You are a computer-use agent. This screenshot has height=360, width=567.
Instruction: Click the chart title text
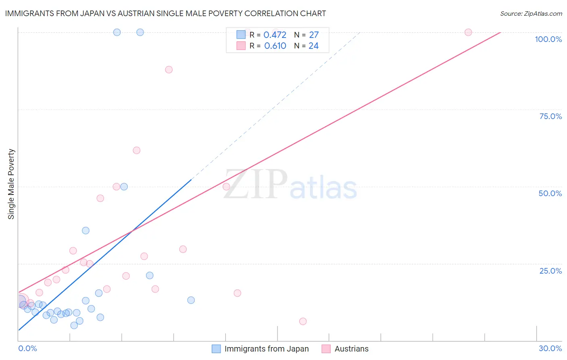pyautogui.click(x=165, y=13)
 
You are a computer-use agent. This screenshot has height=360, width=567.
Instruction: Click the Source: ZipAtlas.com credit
pyautogui.click(x=531, y=14)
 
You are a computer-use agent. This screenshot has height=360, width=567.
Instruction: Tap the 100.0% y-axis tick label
pyautogui.click(x=548, y=39)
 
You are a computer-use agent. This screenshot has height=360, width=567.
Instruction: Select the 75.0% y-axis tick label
pyautogui.click(x=550, y=116)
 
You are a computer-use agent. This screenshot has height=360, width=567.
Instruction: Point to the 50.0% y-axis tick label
pyautogui.click(x=550, y=193)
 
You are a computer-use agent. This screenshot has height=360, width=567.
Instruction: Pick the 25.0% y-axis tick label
pyautogui.click(x=550, y=271)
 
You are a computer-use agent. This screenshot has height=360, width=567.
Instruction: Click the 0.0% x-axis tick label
pyautogui.click(x=28, y=348)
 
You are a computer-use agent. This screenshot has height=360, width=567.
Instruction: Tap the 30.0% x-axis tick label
pyautogui.click(x=550, y=348)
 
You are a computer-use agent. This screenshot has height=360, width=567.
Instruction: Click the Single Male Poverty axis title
pyautogui.click(x=11, y=184)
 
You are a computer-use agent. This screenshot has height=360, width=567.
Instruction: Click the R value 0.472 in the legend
pyautogui.click(x=275, y=35)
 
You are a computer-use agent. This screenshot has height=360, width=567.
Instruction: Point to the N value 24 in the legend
pyautogui.click(x=313, y=46)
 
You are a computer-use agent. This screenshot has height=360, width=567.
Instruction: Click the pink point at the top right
pyautogui.click(x=468, y=32)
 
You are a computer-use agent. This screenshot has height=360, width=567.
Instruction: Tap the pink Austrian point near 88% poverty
pyautogui.click(x=169, y=70)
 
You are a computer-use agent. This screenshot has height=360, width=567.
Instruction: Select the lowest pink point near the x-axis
pyautogui.click(x=303, y=321)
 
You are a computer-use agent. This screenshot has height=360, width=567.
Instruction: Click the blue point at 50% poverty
pyautogui.click(x=124, y=186)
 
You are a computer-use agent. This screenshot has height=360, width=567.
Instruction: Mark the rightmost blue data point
pyautogui.click(x=191, y=300)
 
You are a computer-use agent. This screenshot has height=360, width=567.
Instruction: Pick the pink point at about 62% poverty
pyautogui.click(x=137, y=151)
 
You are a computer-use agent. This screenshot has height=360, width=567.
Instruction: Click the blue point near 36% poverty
pyautogui.click(x=86, y=230)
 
